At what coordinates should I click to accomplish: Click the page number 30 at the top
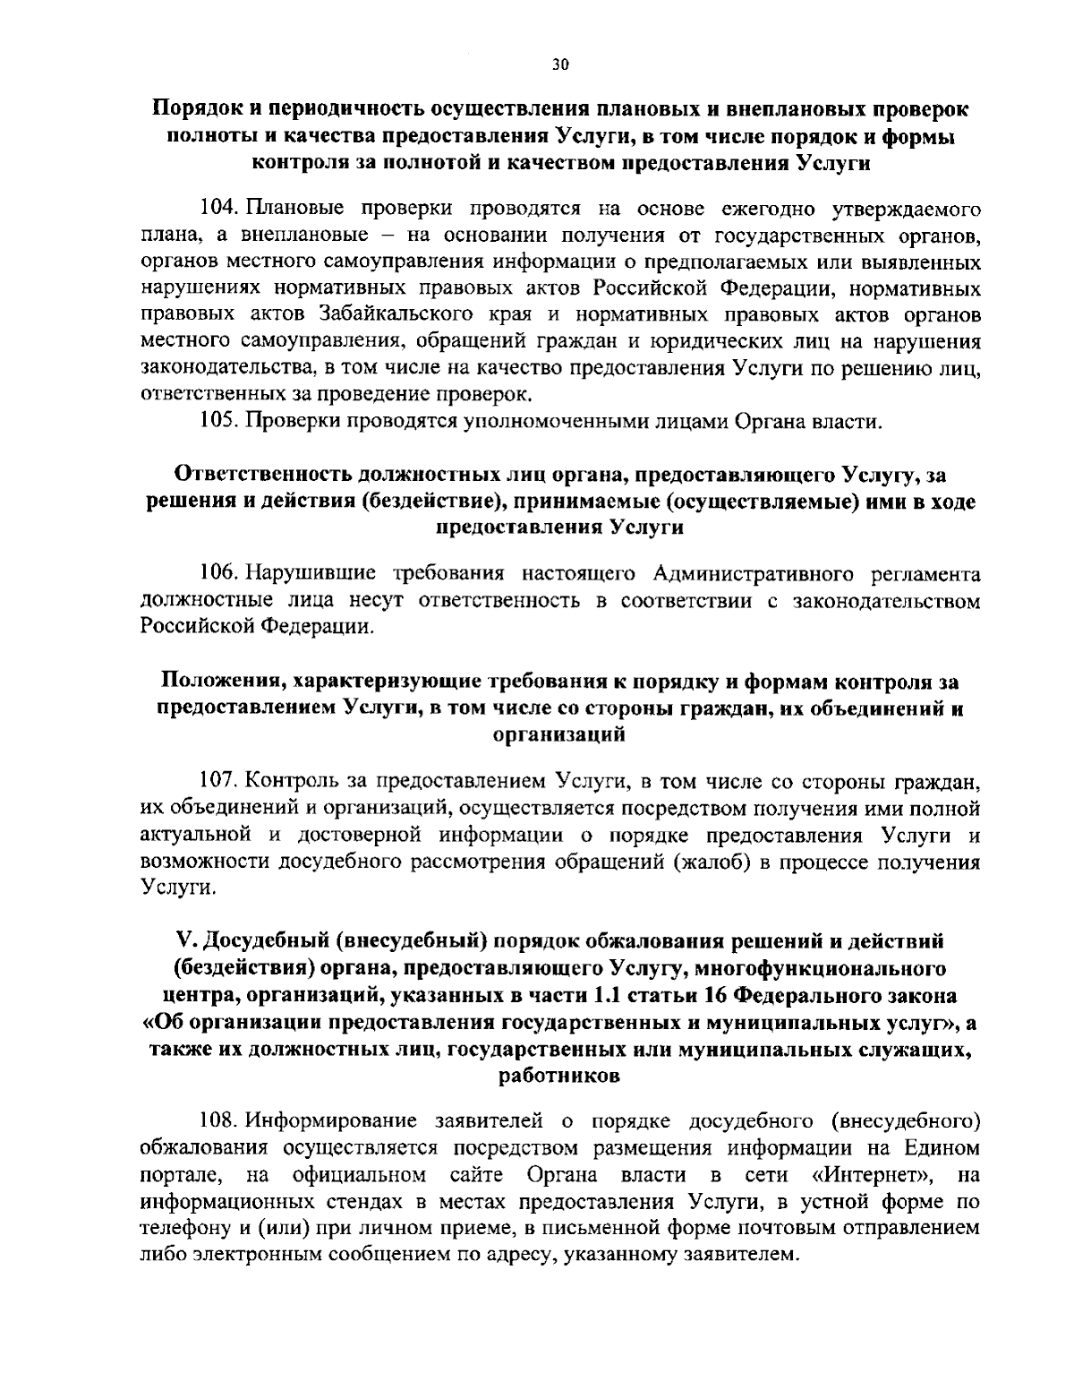coord(560,64)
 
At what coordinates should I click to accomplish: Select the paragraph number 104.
coord(217,210)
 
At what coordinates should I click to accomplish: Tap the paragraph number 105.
coord(217,422)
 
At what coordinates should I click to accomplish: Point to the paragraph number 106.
coord(217,574)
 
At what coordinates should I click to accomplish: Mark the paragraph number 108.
coord(217,1121)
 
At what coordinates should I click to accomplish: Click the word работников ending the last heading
coord(559,1077)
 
